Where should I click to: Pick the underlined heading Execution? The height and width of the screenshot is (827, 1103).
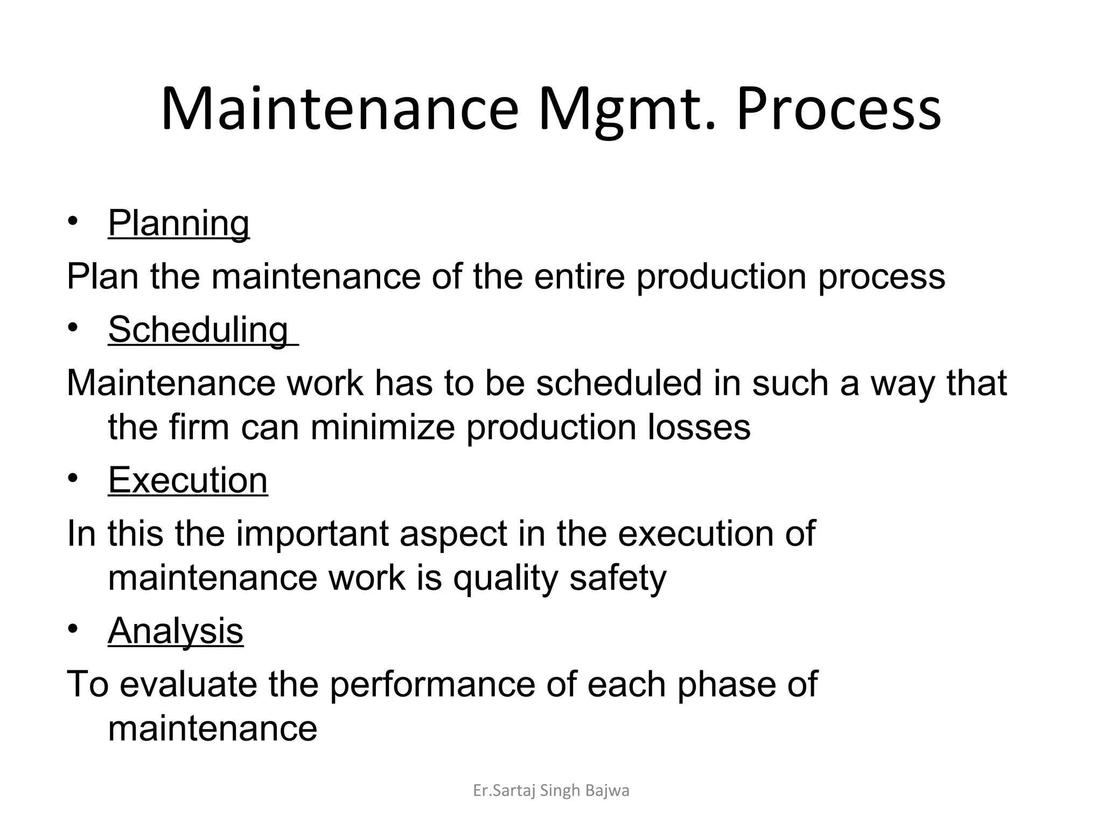[x=187, y=480]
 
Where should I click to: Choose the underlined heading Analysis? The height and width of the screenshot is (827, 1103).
[x=176, y=630]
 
